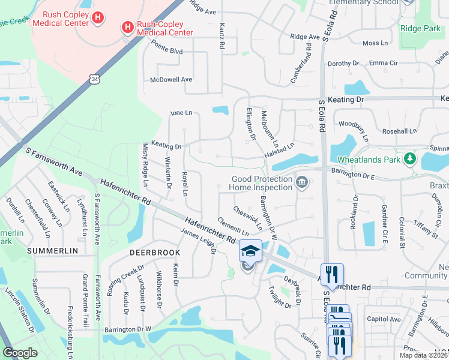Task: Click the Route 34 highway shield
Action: pos(93,79)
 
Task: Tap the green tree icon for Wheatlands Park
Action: pos(410,159)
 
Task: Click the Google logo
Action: pos(20,353)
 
